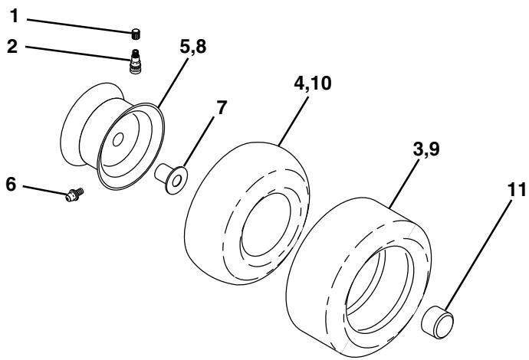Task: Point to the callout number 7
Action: [x=221, y=107]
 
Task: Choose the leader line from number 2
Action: [x=77, y=51]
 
